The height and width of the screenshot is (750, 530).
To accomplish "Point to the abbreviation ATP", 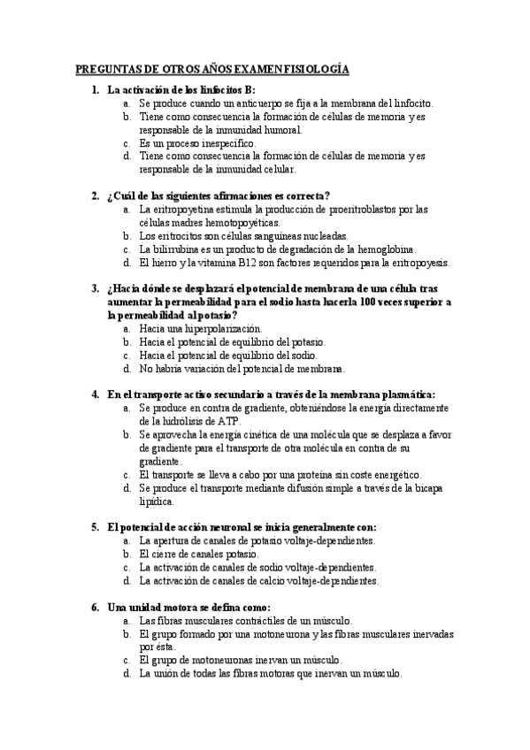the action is [x=202, y=421].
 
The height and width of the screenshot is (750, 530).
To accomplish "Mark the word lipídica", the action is [x=158, y=501].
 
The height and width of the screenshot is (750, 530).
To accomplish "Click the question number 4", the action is [x=95, y=394].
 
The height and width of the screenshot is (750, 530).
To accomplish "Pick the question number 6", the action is [x=95, y=608].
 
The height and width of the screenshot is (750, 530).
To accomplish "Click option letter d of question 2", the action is [x=127, y=263].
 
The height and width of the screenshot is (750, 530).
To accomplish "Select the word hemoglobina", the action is [x=383, y=249].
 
